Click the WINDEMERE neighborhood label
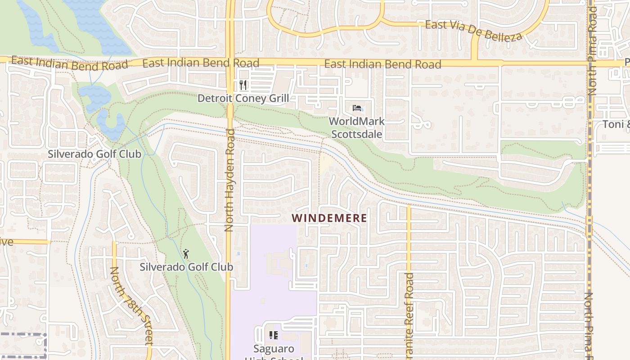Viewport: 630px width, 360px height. coord(329,218)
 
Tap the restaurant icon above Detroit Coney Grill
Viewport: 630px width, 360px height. coord(243,85)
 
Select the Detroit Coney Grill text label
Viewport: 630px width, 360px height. coord(243,98)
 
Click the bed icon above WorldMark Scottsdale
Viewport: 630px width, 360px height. coord(357,108)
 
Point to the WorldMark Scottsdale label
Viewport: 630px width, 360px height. coord(357,128)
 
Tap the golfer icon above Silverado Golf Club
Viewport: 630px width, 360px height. coord(186,254)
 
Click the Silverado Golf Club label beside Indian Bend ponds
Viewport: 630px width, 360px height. coord(94,154)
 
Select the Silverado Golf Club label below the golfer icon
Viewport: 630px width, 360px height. coord(186,267)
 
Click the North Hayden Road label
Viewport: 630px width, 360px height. coord(229,180)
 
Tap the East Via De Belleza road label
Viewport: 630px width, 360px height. coord(473,30)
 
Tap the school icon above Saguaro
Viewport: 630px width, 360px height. coord(273,335)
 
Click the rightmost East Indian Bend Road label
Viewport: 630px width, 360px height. coord(382,64)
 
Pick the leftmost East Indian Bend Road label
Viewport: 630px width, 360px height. coord(70,63)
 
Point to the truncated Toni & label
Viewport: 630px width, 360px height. coord(616,124)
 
